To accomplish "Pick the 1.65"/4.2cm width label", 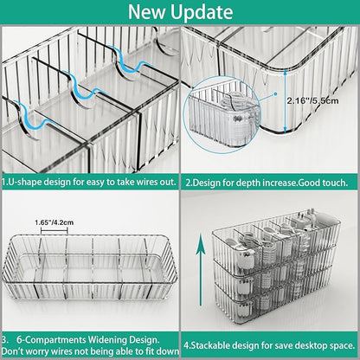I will [76, 223].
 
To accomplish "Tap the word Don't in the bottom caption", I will [16, 352].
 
